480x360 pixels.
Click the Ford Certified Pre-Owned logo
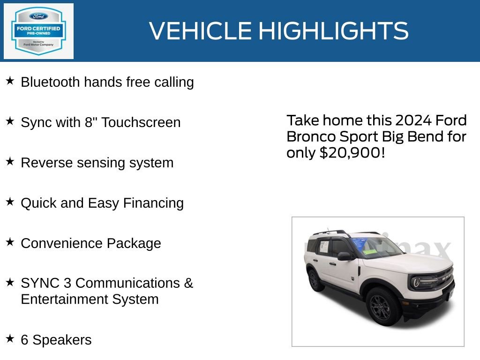point(38,31)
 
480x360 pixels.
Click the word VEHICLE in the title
point(201,31)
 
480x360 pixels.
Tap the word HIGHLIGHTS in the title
point(333,31)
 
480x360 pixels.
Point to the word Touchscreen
point(141,122)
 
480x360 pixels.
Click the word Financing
point(153,203)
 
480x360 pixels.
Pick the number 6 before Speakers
point(25,340)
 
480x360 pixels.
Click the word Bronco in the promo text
point(310,136)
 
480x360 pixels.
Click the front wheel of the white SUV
point(383,306)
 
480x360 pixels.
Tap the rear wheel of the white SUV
point(315,280)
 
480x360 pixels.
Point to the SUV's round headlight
point(417,282)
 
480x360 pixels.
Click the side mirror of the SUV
point(344,256)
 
